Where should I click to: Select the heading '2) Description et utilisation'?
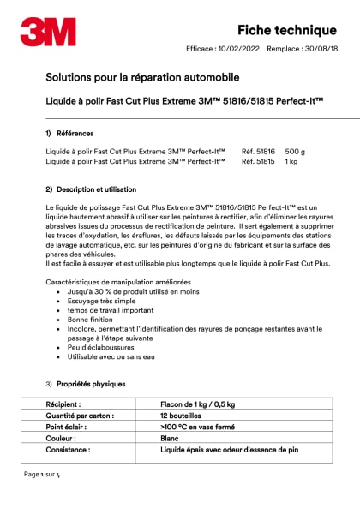coord(91,189)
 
